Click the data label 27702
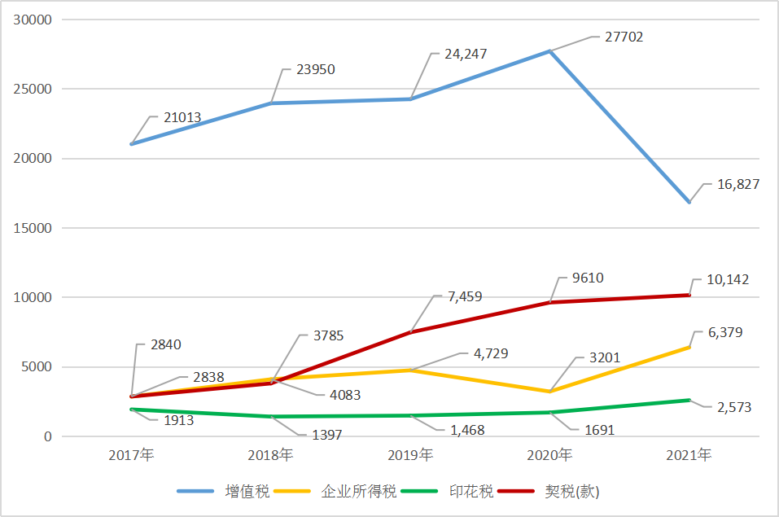point(624,37)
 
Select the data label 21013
point(182,117)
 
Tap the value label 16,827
point(738,185)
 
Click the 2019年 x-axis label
point(410,455)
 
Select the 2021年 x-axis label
point(689,455)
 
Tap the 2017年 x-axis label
point(132,455)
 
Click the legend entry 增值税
point(247,492)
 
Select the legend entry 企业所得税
point(359,492)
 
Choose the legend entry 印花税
point(471,492)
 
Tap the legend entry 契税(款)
point(572,492)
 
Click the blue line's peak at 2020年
point(549,51)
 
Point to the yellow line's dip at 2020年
point(549,392)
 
